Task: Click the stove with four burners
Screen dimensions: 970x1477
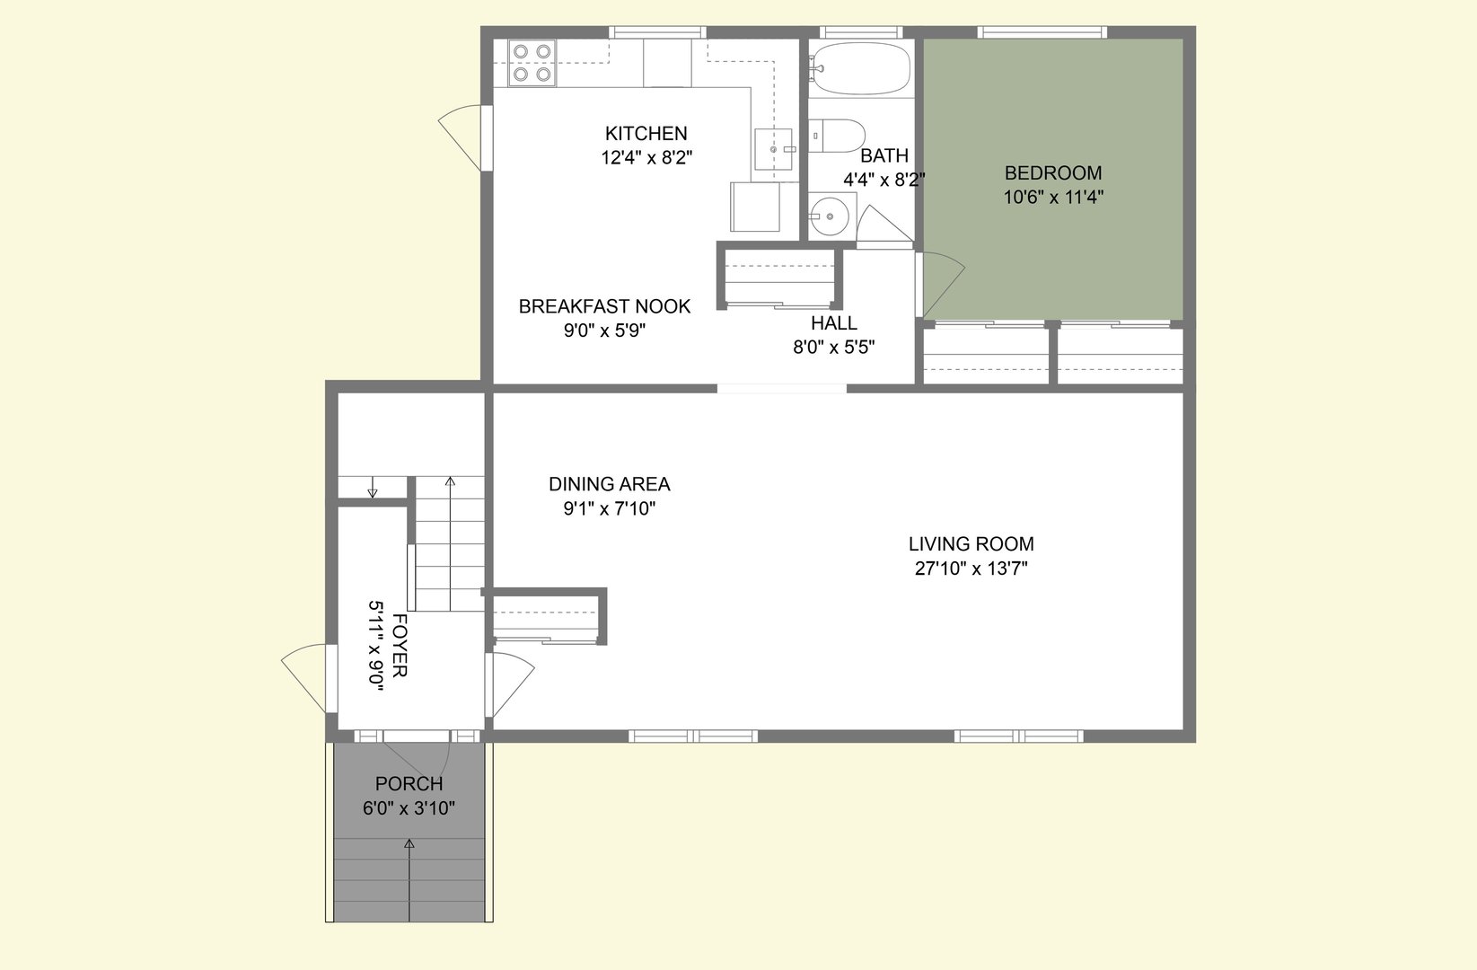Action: pos(532,63)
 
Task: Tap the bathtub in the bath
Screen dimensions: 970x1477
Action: pos(860,68)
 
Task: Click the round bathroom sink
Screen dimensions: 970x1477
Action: pos(828,216)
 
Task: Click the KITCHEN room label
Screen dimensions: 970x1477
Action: pos(646,134)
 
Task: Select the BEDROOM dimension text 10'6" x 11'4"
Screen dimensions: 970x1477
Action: pos(1053,197)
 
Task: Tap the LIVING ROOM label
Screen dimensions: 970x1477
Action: pos(971,543)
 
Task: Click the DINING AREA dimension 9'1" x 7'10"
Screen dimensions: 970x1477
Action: pos(609,508)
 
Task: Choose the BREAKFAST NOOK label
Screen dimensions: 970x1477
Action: pos(604,306)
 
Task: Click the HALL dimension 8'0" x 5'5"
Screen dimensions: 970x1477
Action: pos(833,347)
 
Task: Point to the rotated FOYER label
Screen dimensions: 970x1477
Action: pos(400,646)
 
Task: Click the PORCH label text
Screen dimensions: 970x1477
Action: pos(409,784)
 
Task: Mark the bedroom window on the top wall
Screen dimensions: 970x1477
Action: pos(1042,32)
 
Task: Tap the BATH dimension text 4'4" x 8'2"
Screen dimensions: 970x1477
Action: pos(884,180)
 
